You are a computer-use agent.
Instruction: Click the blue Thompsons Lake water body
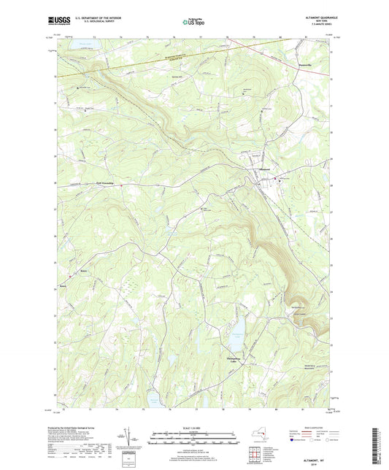pyautogui.click(x=235, y=337)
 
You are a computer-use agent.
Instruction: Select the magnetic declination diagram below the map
pyautogui.click(x=131, y=440)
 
